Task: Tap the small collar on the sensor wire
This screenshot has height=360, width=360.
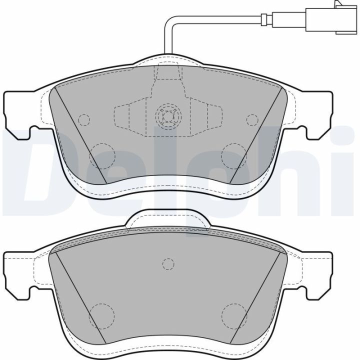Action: point(264,19)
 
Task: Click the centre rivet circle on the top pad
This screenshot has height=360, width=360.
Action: point(168,115)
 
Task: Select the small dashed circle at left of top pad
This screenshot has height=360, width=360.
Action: point(84,120)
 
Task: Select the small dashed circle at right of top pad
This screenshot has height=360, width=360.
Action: point(252,119)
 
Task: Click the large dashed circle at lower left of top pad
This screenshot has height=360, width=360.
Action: point(102,156)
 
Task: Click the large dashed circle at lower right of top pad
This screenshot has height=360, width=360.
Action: point(234,156)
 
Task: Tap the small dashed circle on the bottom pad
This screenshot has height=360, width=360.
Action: point(168,264)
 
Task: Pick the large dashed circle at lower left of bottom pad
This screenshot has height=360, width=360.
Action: point(102,316)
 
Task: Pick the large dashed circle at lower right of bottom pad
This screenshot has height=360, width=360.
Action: point(234,316)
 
